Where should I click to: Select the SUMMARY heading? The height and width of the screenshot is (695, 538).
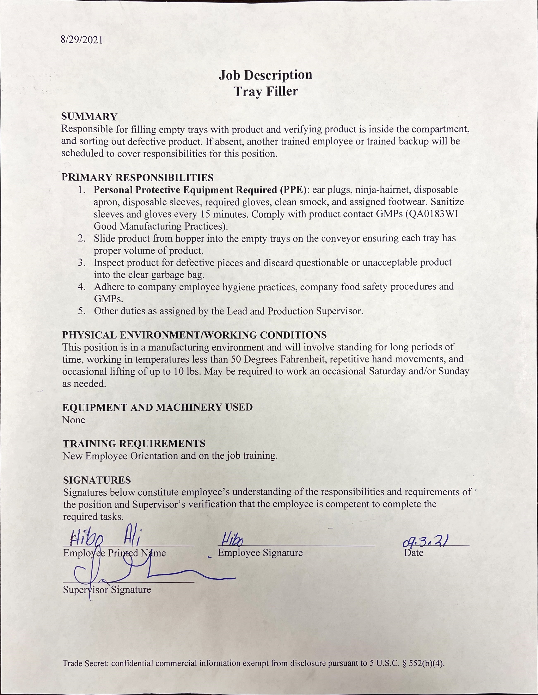point(90,117)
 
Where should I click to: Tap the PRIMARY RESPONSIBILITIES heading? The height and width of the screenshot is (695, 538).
point(137,177)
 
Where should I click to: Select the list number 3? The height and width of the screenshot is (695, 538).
point(82,263)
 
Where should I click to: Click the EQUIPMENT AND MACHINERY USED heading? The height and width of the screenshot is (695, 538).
point(158,407)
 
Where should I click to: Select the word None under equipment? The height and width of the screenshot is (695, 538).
point(74,420)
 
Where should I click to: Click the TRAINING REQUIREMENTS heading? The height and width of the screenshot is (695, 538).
point(134,444)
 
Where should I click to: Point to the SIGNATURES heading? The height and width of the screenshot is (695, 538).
point(97,480)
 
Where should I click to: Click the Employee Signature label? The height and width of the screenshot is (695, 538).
point(260,553)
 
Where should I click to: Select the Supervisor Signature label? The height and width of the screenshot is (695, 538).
point(107,590)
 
